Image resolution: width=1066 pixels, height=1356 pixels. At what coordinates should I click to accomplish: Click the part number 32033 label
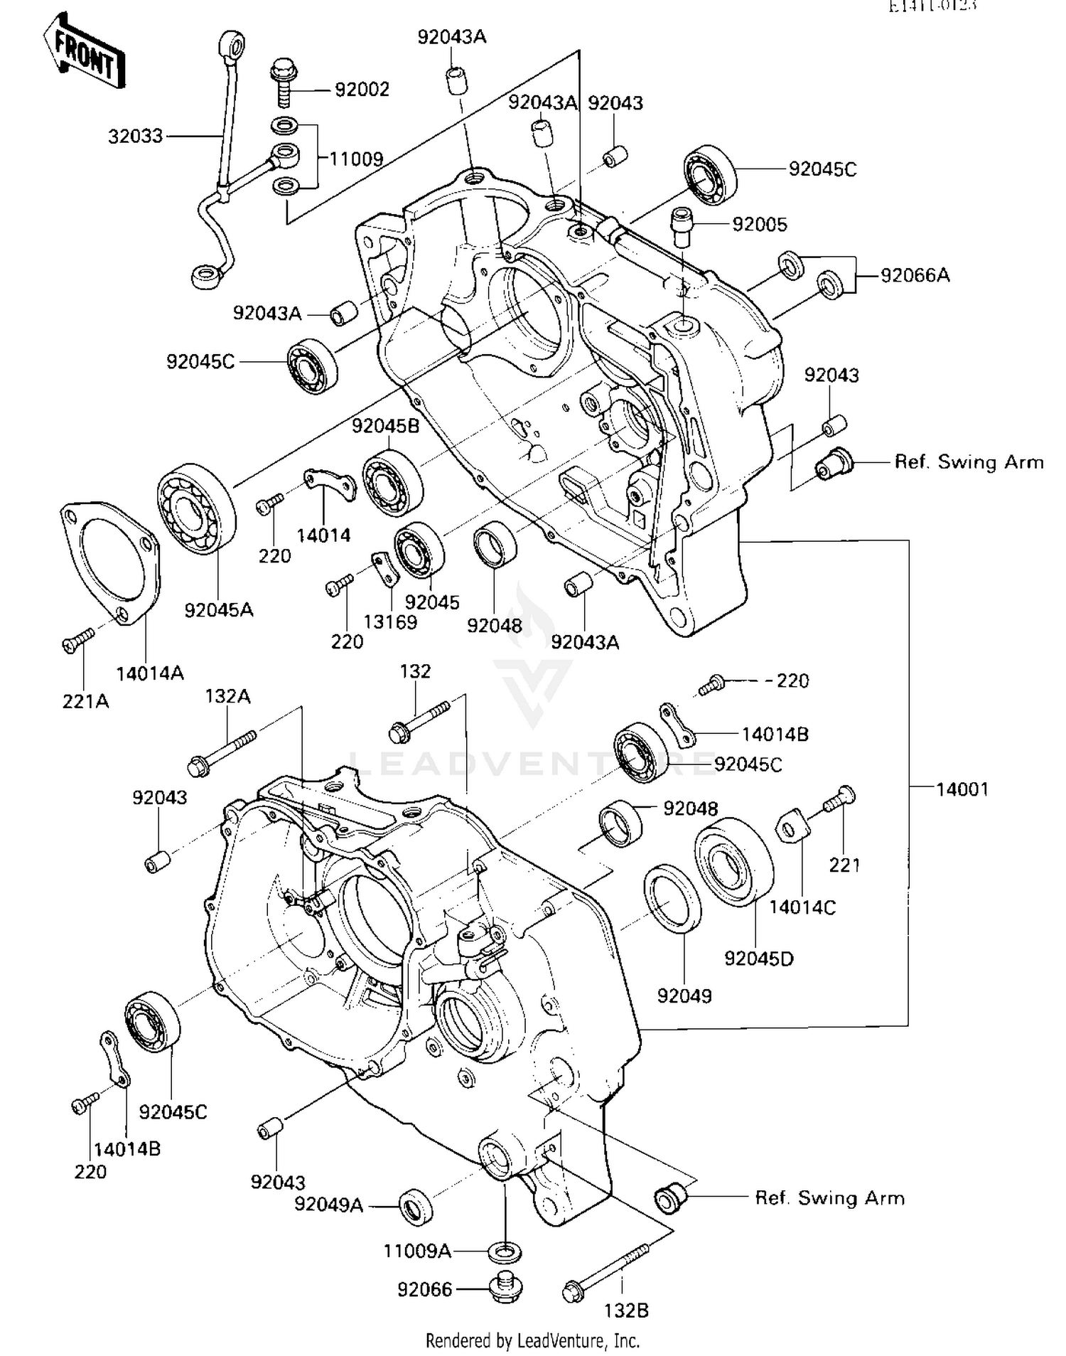coord(135,136)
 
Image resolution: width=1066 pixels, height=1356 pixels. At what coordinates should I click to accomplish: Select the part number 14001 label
coord(962,789)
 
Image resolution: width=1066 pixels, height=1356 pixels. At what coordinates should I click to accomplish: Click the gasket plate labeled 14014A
coord(111,562)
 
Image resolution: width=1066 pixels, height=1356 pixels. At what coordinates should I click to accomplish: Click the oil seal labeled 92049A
coord(415,1206)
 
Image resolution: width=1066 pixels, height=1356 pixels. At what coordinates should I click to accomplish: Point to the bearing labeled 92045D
coord(733,861)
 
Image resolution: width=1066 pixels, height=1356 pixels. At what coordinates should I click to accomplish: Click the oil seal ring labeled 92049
coord(672,898)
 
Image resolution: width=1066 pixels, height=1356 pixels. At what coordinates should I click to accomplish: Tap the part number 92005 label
coord(760,225)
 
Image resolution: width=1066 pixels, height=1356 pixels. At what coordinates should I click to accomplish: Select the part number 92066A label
coord(915,275)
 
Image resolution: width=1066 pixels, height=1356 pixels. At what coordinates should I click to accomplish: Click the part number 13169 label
coord(390,622)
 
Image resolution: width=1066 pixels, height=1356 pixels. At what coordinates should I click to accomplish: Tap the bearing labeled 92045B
coord(392,484)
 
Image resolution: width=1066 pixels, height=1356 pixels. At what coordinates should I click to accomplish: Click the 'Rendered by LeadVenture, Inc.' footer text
coord(532,1341)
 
